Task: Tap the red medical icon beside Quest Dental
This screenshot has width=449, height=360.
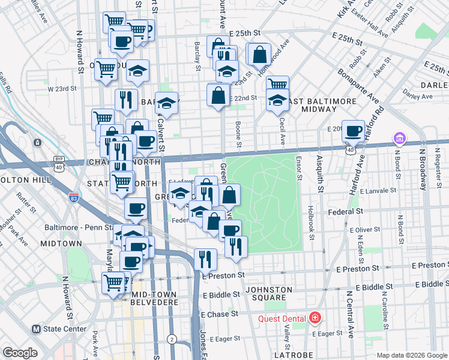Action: (x=315, y=318)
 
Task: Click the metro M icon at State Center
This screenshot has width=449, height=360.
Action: (x=36, y=329)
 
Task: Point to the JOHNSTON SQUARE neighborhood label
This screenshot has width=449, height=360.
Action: (x=268, y=293)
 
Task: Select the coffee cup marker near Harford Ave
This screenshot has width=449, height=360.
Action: (x=354, y=131)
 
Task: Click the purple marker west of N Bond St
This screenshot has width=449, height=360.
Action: (x=399, y=139)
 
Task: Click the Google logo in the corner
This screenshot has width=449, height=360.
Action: (x=20, y=353)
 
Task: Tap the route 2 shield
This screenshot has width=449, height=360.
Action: (x=172, y=339)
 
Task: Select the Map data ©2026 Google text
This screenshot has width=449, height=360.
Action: (x=411, y=355)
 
